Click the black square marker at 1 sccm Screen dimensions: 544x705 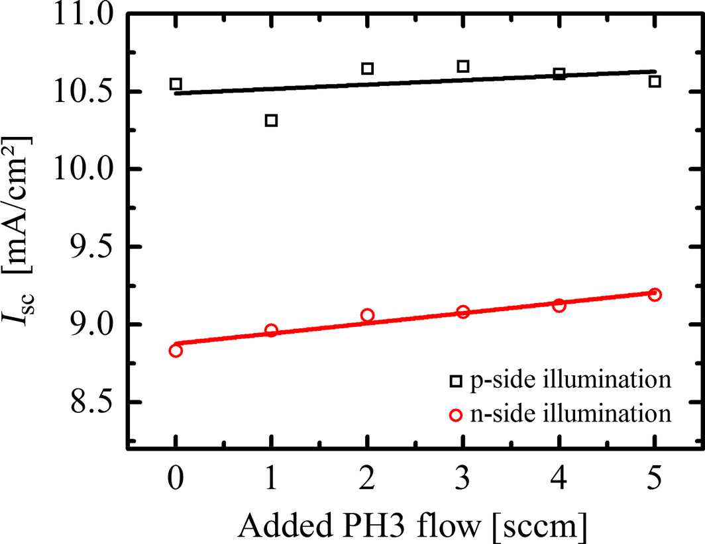(x=271, y=120)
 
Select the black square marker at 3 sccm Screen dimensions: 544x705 (x=463, y=66)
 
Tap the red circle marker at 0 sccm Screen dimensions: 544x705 (x=176, y=350)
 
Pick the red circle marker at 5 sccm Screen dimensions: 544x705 (x=655, y=295)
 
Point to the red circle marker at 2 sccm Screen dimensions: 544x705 (x=368, y=315)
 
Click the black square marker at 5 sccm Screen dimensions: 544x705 (x=655, y=81)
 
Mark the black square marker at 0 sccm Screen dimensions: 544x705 (x=176, y=84)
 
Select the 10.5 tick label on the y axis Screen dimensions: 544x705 (x=83, y=92)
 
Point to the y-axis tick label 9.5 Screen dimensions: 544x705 (x=91, y=248)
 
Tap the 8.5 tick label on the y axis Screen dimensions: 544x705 (x=91, y=402)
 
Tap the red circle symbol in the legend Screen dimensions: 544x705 (x=456, y=416)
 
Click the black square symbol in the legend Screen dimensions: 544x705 (x=456, y=381)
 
